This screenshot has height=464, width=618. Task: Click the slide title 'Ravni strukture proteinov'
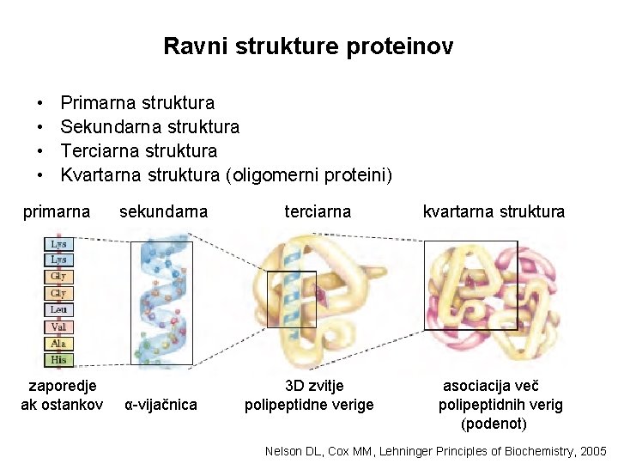[x=308, y=46]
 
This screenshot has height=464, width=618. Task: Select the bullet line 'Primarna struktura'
[x=137, y=103]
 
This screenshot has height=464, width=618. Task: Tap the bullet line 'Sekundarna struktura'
[x=150, y=127]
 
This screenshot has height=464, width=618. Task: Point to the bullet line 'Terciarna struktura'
[x=138, y=151]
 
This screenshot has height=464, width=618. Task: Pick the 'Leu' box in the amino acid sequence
[x=58, y=309]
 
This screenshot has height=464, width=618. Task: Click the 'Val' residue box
[x=58, y=327]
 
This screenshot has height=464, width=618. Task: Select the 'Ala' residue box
[x=58, y=344]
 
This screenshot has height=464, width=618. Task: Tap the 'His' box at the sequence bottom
[x=58, y=360]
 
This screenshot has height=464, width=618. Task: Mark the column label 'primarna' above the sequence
[x=57, y=211]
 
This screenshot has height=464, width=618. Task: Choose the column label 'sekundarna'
[x=163, y=211]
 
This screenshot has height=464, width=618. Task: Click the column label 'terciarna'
[x=318, y=211]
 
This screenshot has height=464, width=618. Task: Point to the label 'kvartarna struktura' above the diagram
[x=494, y=211]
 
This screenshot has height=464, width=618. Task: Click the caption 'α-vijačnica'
[x=161, y=405]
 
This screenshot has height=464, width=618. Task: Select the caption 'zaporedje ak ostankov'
[x=62, y=395]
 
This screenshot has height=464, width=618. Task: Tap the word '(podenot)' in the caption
[x=494, y=424]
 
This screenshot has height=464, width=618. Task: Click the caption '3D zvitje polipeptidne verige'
[x=310, y=395]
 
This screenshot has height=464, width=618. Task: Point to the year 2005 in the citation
[x=592, y=451]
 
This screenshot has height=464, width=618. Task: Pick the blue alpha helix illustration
[x=161, y=301]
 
